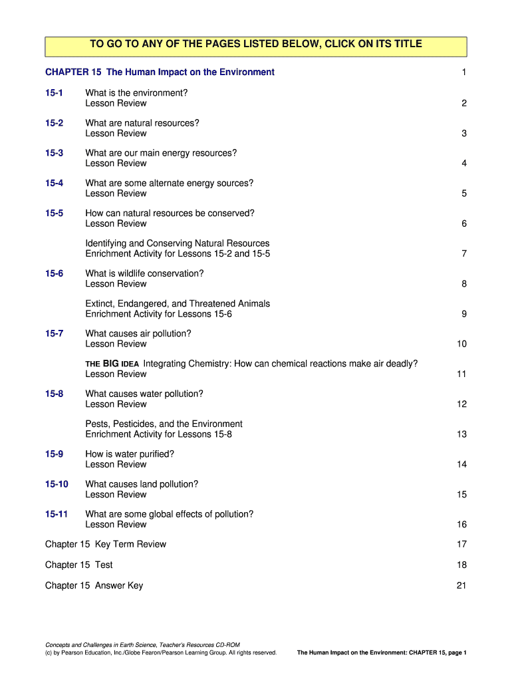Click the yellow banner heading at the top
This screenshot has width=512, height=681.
(256, 44)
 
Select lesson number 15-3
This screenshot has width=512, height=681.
(55, 153)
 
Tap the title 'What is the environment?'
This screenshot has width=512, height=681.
(136, 93)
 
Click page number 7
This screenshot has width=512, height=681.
(463, 254)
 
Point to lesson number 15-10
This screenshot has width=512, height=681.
(57, 484)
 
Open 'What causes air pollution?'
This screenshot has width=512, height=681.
(138, 334)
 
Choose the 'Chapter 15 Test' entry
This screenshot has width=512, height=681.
(79, 565)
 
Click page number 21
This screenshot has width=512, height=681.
(461, 586)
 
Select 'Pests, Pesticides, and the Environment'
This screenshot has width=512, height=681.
(164, 424)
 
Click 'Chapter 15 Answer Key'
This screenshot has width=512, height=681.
(94, 586)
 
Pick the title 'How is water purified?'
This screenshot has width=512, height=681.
(130, 454)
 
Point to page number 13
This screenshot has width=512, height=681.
(461, 434)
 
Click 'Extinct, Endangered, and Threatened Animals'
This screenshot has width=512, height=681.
(178, 304)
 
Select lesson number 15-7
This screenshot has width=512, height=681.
(55, 334)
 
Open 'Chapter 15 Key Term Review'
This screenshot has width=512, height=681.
(106, 545)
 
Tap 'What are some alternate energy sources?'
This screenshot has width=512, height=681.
(170, 184)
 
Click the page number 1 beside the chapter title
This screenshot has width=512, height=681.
(463, 72)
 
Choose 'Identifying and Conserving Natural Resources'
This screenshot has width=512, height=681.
(178, 243)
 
